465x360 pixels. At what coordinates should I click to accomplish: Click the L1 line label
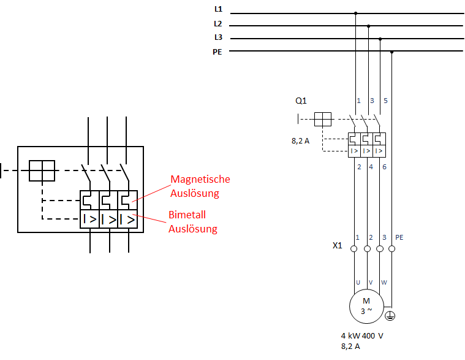click(x=218, y=9)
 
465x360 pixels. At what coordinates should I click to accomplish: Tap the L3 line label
click(x=218, y=37)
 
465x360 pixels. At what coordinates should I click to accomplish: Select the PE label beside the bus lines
click(x=217, y=52)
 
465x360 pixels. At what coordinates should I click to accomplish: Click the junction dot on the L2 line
click(x=369, y=26)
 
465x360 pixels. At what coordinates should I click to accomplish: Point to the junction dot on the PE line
click(x=391, y=52)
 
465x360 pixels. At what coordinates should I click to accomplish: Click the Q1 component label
click(x=301, y=101)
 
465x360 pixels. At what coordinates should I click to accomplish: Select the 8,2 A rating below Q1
click(x=300, y=141)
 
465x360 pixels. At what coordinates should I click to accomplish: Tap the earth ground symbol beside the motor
click(x=390, y=316)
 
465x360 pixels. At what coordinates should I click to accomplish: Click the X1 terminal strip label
click(x=337, y=245)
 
